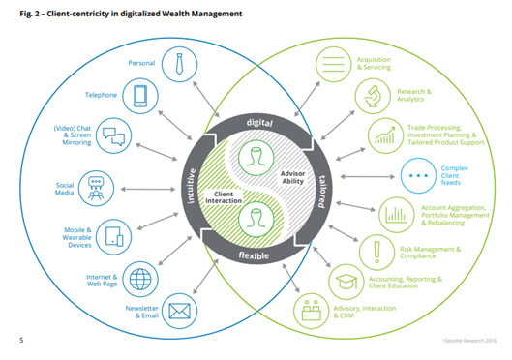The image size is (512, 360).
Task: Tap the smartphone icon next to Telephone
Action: pyautogui.click(x=141, y=95)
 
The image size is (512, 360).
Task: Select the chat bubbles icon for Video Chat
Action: pyautogui.click(x=113, y=135)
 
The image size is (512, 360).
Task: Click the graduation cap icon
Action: pyautogui.click(x=345, y=283)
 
